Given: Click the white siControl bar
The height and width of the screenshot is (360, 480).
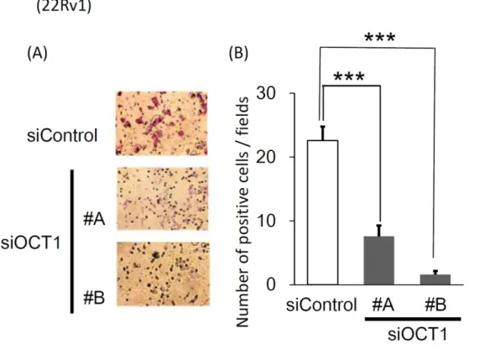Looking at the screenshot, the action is (322, 212).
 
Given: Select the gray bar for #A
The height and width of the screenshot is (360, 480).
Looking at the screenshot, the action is (379, 260).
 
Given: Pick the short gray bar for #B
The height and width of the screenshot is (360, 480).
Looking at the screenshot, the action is (436, 279).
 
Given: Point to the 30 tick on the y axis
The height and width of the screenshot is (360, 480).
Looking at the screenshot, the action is (292, 93).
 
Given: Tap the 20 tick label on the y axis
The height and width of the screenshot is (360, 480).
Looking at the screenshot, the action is (266, 157).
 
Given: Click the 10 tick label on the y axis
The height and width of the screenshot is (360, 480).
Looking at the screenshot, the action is (267, 221).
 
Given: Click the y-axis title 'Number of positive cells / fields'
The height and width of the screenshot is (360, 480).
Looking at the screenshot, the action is (243, 211).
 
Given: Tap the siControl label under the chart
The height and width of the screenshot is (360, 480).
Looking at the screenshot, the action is (321, 305).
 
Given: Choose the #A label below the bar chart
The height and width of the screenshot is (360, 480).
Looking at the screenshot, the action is (383, 305).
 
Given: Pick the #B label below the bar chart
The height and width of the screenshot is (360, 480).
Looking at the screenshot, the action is (436, 305).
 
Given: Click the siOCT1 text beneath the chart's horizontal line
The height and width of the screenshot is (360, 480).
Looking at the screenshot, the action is (418, 334).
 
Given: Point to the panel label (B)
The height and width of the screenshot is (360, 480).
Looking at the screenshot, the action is (238, 53).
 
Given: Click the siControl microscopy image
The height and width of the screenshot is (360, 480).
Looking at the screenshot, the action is (162, 123).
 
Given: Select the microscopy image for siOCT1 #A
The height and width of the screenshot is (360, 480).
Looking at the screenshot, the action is (163, 199).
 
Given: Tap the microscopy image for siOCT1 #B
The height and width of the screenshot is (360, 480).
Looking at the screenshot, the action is (164, 274).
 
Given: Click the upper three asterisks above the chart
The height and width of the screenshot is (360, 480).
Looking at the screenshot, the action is (380, 38).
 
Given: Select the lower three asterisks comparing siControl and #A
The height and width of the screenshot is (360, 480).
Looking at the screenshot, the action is (349, 76).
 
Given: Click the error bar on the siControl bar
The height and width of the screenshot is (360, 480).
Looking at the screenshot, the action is (322, 133).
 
